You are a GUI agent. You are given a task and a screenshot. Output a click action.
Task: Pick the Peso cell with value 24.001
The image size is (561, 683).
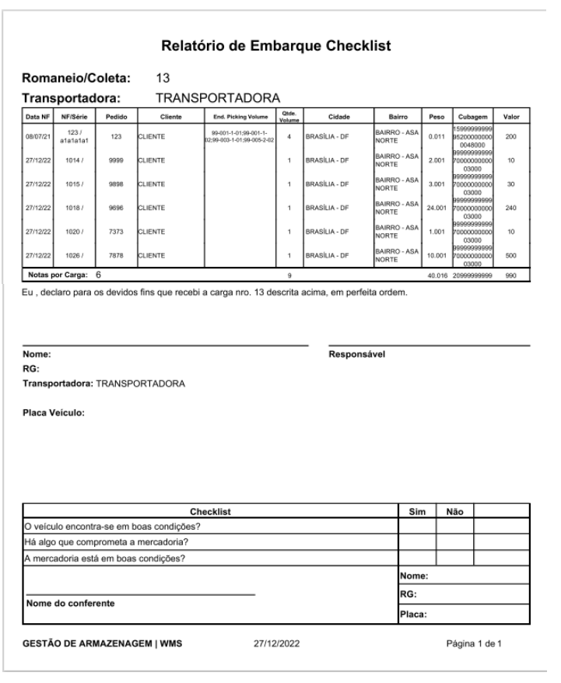pos(436,208)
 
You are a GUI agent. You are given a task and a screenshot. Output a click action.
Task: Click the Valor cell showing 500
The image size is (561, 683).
pos(510,255)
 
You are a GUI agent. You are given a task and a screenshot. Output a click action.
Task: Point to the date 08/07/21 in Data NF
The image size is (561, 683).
pos(36,138)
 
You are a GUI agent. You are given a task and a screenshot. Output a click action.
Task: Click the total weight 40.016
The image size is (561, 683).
pos(436,275)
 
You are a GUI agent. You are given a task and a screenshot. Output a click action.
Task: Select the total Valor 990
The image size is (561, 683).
pos(510,275)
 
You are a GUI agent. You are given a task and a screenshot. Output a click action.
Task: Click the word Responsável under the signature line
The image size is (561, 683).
pos(357,354)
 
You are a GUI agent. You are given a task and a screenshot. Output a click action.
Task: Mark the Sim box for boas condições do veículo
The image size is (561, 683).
pos(417,526)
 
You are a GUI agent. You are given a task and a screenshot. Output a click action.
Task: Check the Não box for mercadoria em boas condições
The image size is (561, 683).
pos(454,557)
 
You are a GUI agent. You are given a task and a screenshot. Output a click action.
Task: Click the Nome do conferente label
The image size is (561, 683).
pos(71,603)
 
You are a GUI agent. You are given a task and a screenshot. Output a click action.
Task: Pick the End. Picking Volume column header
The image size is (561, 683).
pos(240,117)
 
